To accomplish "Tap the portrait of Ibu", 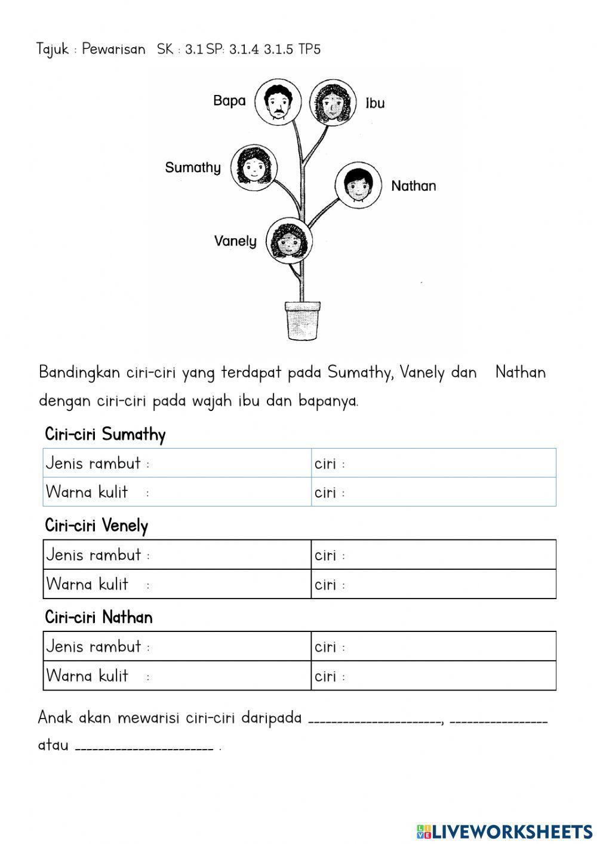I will [x=330, y=102].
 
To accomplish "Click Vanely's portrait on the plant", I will [x=289, y=241].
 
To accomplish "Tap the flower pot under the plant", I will [x=302, y=320].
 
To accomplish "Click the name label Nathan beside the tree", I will [x=413, y=186].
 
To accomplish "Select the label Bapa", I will [x=229, y=100].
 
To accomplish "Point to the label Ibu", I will [x=375, y=103].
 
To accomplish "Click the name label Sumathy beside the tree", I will [x=193, y=168].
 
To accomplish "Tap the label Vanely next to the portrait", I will [x=235, y=241].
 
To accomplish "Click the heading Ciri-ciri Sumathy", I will [x=105, y=434].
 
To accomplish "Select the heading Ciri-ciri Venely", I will [x=96, y=526].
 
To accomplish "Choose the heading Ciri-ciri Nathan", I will [x=99, y=617].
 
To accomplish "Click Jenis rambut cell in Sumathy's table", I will [x=177, y=464].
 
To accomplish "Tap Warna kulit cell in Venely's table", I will [x=177, y=584].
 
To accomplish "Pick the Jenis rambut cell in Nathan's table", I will [x=177, y=646].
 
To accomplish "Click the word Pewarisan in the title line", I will [x=113, y=49].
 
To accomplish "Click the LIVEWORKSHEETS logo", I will [x=504, y=831].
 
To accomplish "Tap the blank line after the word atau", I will [x=144, y=747].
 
